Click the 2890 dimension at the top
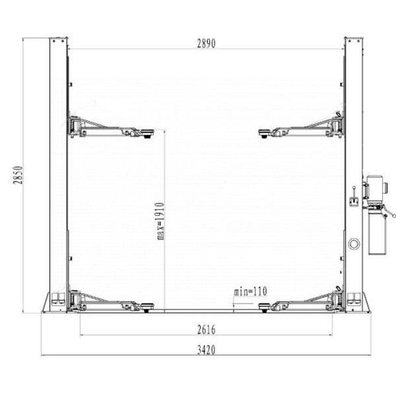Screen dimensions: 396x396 [207, 44]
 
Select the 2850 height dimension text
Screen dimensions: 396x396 [18, 175]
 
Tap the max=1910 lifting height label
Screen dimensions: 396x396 [160, 221]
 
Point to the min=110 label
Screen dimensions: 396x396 [250, 292]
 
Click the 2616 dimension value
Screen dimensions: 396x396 [207, 329]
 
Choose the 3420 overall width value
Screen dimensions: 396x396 [207, 350]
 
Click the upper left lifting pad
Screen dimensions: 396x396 [147, 133]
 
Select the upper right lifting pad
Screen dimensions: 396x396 [265, 133]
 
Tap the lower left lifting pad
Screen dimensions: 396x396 [147, 307]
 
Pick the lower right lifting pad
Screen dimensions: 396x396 [265, 307]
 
